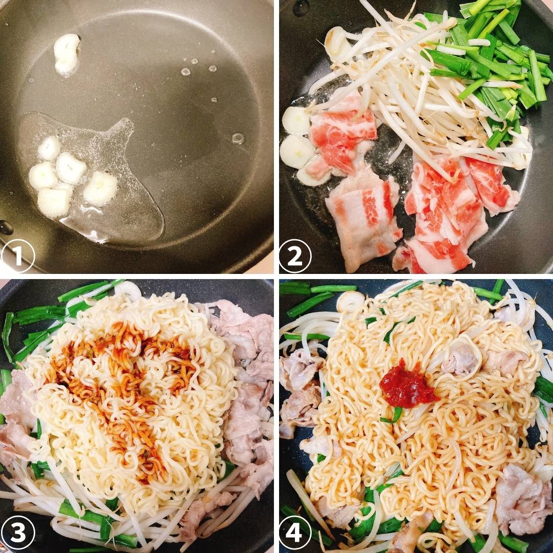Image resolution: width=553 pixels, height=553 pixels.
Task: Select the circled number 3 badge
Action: point(18,533)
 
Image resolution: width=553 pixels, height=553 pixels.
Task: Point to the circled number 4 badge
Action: point(295,533)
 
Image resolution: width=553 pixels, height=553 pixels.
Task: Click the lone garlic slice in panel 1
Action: point(67,53)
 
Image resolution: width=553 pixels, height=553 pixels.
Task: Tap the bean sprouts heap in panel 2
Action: point(410,92)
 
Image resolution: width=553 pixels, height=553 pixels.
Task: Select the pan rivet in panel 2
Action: point(301,7)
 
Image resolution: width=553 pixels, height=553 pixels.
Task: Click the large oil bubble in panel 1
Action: point(238,138)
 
